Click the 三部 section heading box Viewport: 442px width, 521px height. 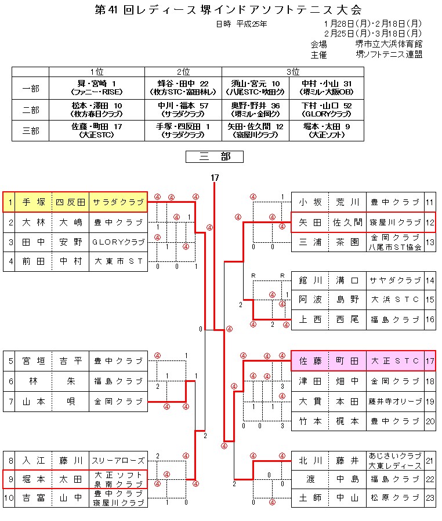point(214,157)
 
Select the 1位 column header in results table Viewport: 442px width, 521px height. point(97,72)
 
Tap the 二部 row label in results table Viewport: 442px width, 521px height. point(31,110)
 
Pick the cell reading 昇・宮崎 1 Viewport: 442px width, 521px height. point(97,83)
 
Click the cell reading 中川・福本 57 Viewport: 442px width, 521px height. point(183,105)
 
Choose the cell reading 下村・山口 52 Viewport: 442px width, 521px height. point(327,105)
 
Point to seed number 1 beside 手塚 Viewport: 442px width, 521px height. point(10,202)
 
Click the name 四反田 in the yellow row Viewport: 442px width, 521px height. point(70,202)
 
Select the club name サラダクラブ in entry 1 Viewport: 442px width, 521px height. point(118,202)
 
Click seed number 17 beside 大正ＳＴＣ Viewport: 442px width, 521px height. point(430,361)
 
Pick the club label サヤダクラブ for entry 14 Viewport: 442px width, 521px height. point(396,280)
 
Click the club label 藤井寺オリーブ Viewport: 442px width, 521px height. point(396,401)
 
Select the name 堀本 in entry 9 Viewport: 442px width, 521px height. point(33,479)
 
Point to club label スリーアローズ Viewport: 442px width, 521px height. point(118,461)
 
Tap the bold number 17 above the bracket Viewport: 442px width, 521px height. point(215,177)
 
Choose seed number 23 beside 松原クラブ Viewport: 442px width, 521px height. point(430,498)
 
